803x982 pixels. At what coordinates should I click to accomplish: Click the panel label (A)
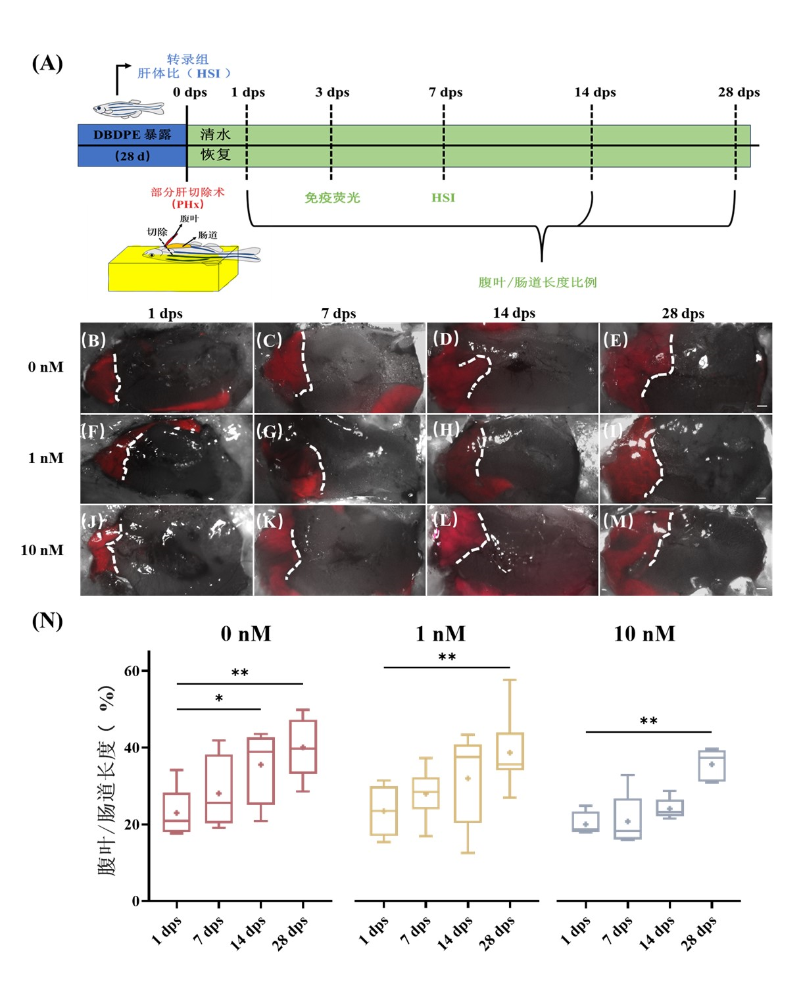click(47, 63)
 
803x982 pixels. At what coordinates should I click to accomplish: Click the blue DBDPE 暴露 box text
click(132, 135)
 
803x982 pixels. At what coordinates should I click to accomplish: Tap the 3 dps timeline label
click(332, 92)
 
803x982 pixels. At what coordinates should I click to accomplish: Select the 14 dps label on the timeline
click(595, 92)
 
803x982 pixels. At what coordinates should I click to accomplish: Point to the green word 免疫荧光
click(332, 197)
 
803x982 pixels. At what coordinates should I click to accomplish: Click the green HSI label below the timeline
click(443, 197)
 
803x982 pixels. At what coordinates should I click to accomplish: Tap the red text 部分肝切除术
click(187, 192)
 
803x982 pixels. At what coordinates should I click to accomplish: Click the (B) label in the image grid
click(93, 340)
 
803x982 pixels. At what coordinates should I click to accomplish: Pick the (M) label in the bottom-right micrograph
click(618, 521)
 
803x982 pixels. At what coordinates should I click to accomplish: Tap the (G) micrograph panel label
click(269, 431)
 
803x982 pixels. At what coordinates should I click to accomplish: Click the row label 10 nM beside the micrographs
click(42, 550)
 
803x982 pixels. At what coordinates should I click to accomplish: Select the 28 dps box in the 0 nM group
click(303, 747)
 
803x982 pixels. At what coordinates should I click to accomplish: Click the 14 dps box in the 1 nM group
click(468, 783)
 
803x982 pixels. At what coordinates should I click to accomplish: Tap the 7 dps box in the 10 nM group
click(627, 819)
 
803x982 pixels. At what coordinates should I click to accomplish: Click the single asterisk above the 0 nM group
click(219, 699)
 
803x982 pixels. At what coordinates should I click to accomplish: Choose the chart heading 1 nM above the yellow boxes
click(440, 633)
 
